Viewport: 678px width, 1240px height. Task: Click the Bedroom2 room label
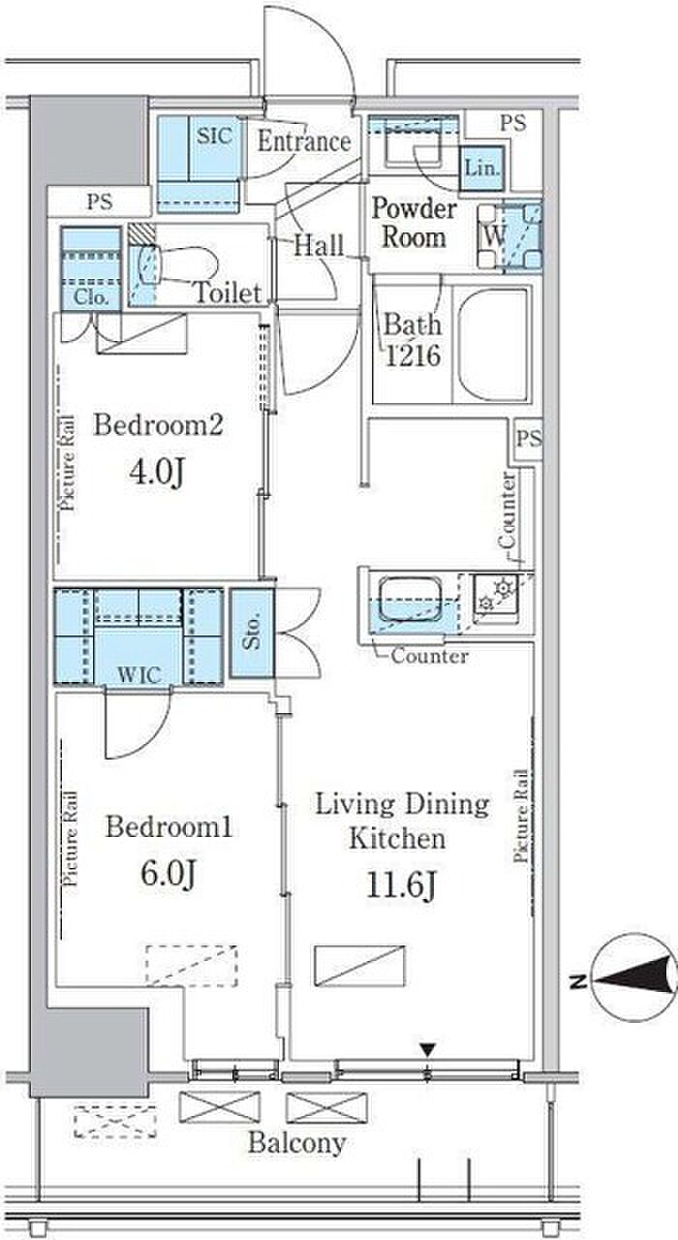[158, 425]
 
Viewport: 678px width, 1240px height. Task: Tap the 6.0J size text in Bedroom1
[168, 875]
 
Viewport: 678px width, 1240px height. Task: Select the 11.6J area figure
[401, 886]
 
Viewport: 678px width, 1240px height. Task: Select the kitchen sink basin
[410, 599]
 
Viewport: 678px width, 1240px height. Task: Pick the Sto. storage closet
[253, 634]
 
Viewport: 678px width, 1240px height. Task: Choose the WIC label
[139, 675]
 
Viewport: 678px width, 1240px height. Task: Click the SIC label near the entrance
[214, 135]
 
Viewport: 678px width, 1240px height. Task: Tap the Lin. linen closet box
[482, 169]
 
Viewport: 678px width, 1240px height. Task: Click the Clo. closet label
[91, 297]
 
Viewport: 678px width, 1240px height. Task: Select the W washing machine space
[509, 237]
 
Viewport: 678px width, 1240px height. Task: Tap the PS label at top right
[513, 123]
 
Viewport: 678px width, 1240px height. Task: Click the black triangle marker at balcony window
[427, 1048]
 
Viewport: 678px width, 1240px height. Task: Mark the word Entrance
[304, 141]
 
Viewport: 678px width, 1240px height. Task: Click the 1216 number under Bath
[413, 356]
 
